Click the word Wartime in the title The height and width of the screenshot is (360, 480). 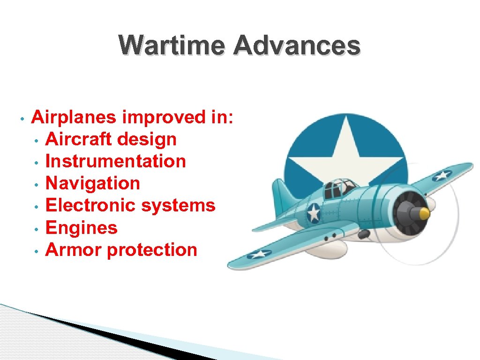coord(172,45)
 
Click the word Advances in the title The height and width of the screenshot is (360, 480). coord(296,45)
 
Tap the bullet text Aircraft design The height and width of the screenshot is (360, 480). coord(111,139)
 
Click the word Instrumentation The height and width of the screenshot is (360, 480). coord(115,161)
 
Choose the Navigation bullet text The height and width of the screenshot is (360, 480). coord(92,183)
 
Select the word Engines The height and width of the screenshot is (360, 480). coord(81,228)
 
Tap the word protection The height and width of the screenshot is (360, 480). coord(152,250)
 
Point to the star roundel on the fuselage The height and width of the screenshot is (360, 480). coord(314,214)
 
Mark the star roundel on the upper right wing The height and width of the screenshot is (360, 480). coord(442,176)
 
